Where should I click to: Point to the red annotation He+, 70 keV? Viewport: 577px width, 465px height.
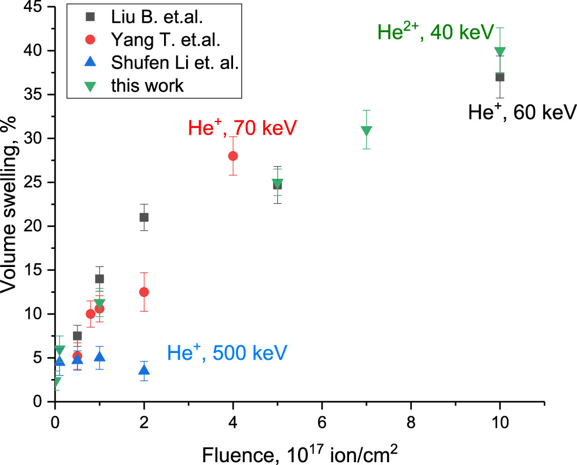[x=242, y=127]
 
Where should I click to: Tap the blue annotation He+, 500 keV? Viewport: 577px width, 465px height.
[x=227, y=354]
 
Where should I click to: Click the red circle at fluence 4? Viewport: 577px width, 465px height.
[x=232, y=156]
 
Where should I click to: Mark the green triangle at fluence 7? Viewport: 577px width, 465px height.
[x=366, y=131]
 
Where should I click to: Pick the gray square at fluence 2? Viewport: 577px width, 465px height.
[x=144, y=217]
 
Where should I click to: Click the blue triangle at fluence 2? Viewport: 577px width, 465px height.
[x=144, y=371]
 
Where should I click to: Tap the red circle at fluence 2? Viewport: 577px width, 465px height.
[x=144, y=292]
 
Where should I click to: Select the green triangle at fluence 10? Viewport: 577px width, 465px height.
[x=500, y=52]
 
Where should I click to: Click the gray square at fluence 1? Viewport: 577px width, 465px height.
[x=100, y=278]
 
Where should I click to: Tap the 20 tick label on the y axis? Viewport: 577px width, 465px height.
[x=37, y=226]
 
